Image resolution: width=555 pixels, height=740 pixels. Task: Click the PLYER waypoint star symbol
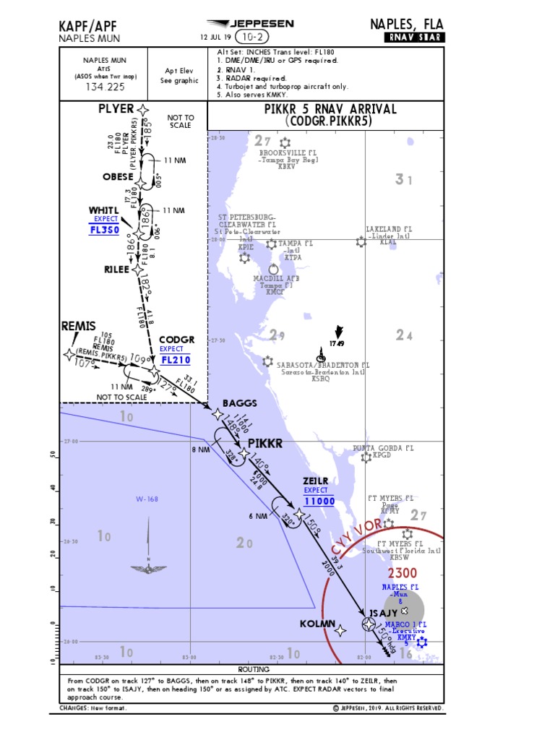(144, 110)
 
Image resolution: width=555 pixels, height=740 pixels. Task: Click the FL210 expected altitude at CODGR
(176, 359)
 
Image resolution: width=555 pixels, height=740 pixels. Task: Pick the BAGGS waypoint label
(240, 403)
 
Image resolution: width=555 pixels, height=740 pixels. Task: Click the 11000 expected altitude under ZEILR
(319, 501)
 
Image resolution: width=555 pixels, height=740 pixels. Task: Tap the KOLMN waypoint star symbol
(340, 630)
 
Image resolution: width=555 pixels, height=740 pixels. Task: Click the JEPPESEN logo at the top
(251, 24)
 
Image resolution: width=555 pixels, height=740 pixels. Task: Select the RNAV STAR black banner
(414, 38)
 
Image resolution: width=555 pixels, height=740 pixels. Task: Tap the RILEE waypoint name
(116, 270)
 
